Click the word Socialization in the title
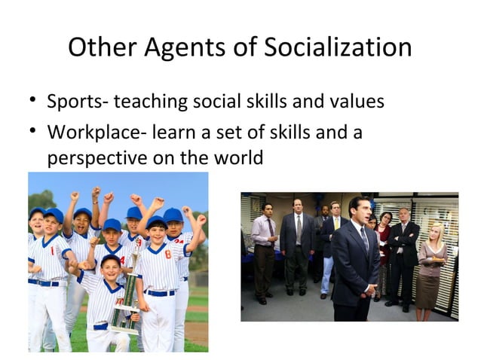pyautogui.click(x=337, y=48)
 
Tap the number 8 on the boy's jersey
pyautogui.click(x=168, y=255)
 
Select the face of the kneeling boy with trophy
pyautogui.click(x=110, y=267)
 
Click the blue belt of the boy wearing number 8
pyautogui.click(x=163, y=292)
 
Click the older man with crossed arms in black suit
pyautogui.click(x=403, y=249)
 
